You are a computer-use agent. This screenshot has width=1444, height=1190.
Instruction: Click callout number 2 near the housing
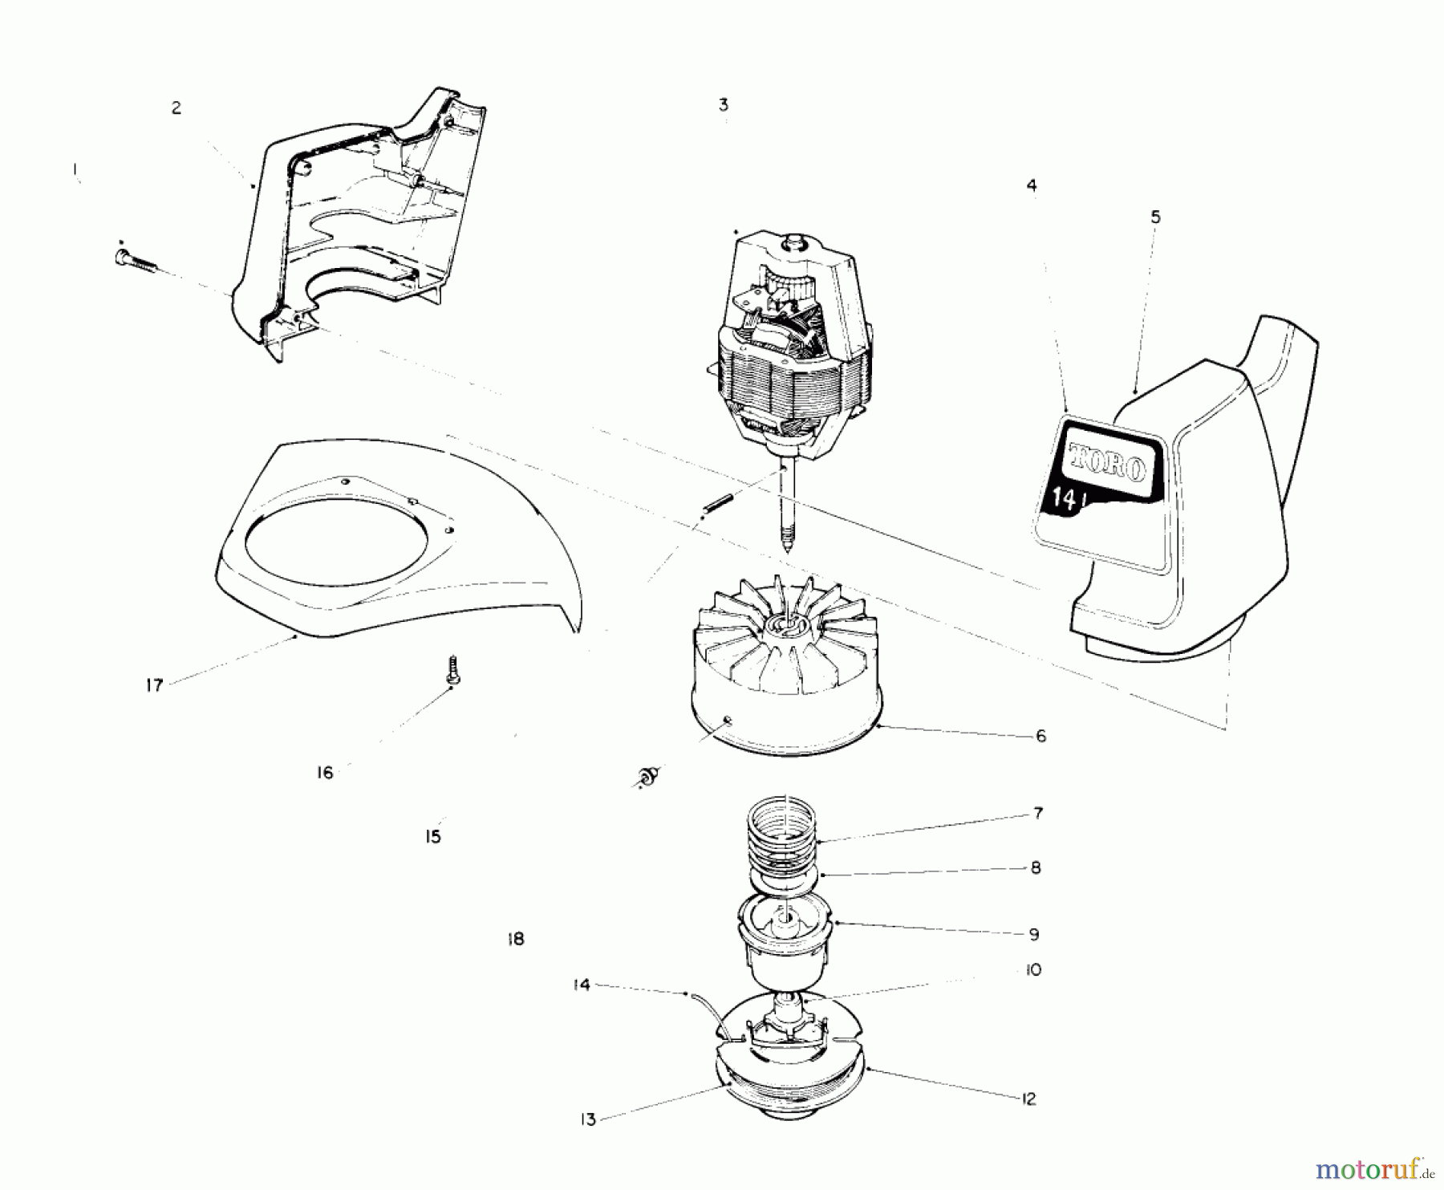click(176, 108)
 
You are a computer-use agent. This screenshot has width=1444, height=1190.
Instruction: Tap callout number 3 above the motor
click(724, 105)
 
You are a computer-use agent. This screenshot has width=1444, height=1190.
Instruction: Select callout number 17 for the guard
click(154, 685)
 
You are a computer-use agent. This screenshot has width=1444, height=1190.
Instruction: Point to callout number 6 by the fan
click(1040, 736)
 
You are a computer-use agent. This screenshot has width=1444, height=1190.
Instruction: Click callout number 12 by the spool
click(1029, 1099)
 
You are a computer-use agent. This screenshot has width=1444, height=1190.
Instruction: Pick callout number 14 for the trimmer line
click(582, 985)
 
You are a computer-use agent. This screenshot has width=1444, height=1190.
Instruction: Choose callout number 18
click(516, 938)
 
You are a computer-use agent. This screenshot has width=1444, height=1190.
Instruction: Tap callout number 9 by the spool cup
click(1034, 934)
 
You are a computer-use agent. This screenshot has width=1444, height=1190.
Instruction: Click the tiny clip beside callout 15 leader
click(647, 776)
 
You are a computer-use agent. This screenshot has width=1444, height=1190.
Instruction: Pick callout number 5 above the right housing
click(1155, 217)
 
